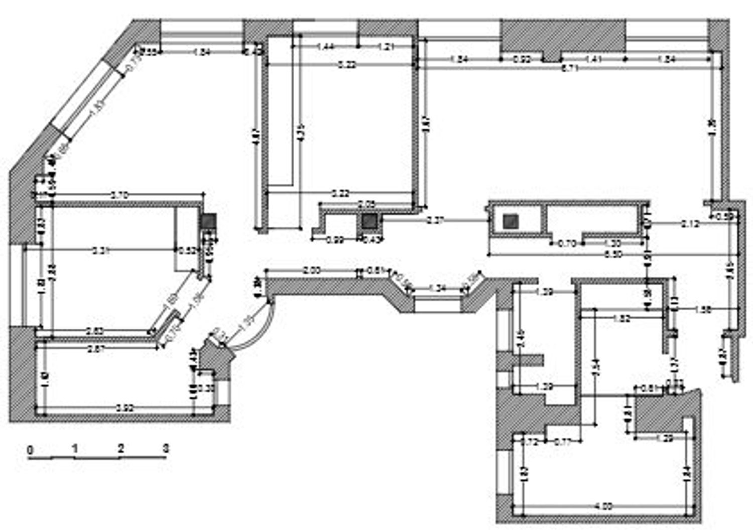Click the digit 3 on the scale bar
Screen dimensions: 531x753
click(166, 448)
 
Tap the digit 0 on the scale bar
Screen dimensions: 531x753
click(30, 450)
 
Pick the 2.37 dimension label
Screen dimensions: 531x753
click(435, 220)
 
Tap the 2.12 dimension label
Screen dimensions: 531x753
click(690, 224)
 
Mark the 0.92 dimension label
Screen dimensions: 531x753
click(522, 59)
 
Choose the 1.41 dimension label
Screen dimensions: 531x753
click(593, 59)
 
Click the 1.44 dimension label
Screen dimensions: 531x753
click(325, 47)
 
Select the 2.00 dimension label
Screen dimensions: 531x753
click(311, 271)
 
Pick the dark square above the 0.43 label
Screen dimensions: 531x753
click(370, 221)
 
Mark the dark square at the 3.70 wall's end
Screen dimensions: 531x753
click(208, 221)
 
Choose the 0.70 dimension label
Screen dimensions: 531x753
click(566, 244)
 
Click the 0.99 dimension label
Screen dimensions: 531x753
click(335, 240)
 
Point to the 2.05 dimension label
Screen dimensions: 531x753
click(366, 204)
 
